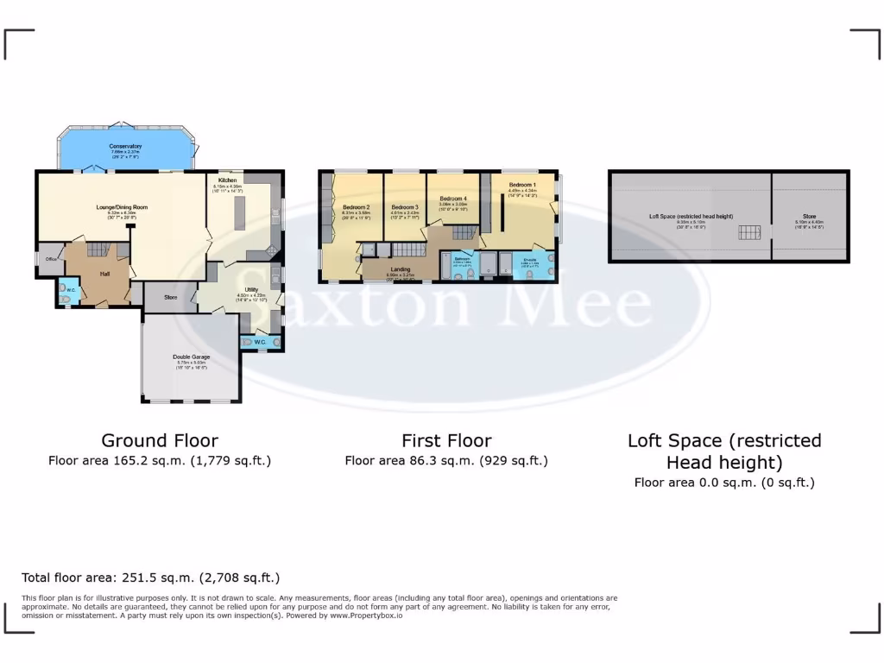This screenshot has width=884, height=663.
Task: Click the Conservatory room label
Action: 125,146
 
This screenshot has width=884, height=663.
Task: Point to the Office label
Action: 51,257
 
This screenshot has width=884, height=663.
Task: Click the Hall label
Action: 104,274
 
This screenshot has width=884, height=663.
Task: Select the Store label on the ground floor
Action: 170,298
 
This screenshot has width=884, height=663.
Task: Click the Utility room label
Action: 251,290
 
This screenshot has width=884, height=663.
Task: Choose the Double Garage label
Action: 191,357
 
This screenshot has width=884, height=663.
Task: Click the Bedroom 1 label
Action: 522,185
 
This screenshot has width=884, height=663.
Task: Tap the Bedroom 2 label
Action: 356,207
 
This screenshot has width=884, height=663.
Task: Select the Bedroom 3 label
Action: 405,207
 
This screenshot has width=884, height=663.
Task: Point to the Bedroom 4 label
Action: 452,199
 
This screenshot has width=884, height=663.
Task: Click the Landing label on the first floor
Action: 401,269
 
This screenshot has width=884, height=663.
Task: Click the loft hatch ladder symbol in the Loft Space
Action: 749,231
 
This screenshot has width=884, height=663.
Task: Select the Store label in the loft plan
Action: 809,217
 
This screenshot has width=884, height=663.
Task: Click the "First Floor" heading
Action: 446,440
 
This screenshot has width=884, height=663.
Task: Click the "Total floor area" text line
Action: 150,578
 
